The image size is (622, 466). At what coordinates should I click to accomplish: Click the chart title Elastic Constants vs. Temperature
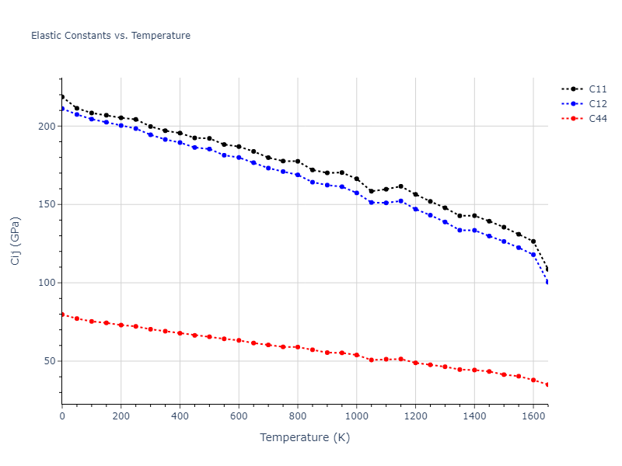coord(110,36)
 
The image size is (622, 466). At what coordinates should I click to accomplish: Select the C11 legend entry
coord(597,89)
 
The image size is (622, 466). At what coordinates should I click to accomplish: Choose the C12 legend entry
coord(597,104)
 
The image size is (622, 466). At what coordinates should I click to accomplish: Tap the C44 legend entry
coord(597,119)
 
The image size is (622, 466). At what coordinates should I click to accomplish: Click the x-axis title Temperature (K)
coord(305,437)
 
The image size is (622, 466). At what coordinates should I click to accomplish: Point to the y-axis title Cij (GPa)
coord(16,241)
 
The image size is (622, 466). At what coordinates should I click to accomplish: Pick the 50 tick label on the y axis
coord(50,361)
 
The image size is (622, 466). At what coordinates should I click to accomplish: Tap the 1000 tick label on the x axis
coord(357,416)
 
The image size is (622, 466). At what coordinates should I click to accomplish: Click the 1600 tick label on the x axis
coord(533,416)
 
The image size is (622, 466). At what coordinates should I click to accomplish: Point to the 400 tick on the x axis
coord(180,416)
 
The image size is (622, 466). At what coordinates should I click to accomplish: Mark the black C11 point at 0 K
coord(62,96)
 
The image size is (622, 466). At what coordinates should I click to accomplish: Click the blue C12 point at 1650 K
coord(547,282)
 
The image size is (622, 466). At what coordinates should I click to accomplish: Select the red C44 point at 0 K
coord(62,315)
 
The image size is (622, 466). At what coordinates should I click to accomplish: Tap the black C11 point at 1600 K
coord(533,242)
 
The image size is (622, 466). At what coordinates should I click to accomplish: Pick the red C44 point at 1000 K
coord(357,355)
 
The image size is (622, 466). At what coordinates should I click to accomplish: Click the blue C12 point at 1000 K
coord(357,193)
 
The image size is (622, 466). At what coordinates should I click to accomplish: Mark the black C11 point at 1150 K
coord(400,186)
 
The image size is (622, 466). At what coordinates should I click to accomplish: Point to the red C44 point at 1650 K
coord(547,384)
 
